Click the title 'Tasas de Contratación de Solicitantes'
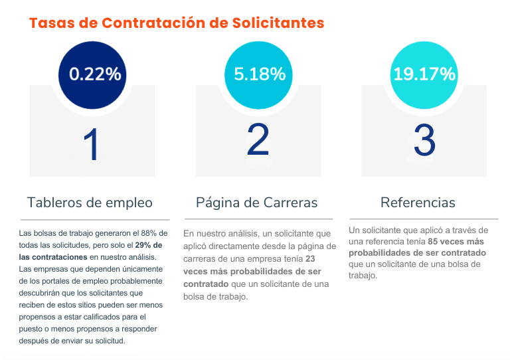[x=177, y=23]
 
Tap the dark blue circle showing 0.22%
[x=95, y=73]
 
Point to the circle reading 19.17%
[x=424, y=73]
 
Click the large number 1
[x=91, y=145]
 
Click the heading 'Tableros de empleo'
[x=90, y=203]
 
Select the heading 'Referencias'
[x=418, y=202]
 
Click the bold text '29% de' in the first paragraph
[x=151, y=245]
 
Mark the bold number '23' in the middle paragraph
[x=311, y=258]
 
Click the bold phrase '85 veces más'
[x=458, y=242]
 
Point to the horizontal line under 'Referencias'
[x=423, y=219]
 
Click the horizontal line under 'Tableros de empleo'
[x=94, y=220]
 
